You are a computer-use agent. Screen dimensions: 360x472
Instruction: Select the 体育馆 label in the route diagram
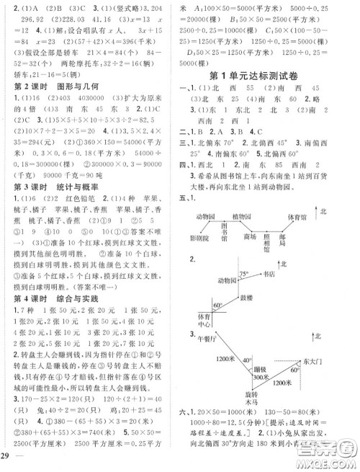(x=312, y=215)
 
